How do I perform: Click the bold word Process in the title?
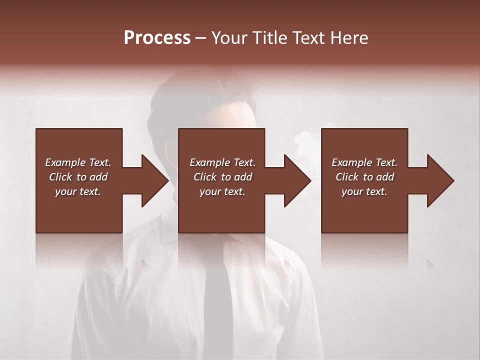tap(157, 38)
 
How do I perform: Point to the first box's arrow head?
tap(155, 180)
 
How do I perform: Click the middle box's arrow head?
tap(298, 180)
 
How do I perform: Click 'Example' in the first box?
tap(65, 162)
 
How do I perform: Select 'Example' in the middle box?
tap(209, 162)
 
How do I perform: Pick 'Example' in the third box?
tap(351, 162)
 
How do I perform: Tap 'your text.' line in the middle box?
tap(222, 191)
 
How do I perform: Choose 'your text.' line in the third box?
tap(364, 191)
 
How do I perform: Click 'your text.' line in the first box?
tap(78, 191)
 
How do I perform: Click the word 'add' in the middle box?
tap(243, 177)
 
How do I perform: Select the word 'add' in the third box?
tap(385, 177)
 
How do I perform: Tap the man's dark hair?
tap(200, 92)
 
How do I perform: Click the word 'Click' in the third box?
tap(347, 177)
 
